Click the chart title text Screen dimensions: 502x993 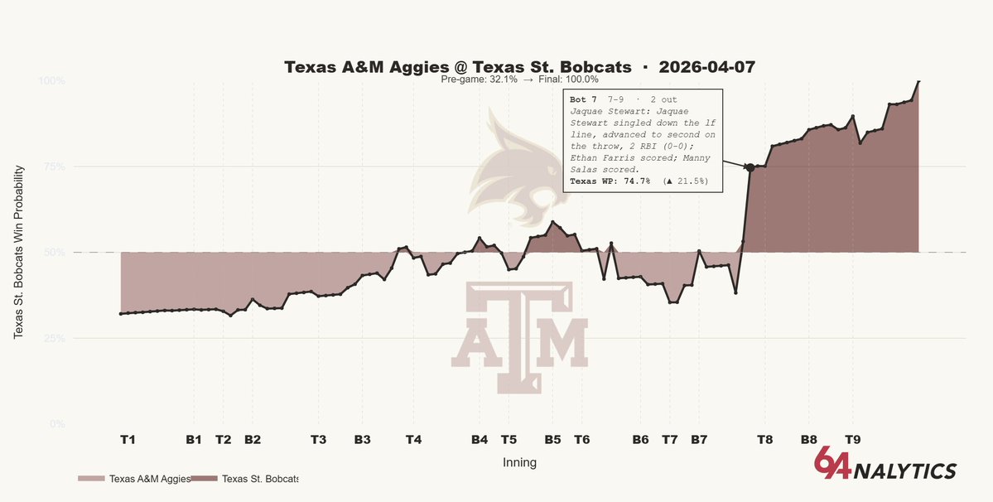click(x=519, y=66)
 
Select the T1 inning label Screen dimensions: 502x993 click(x=128, y=440)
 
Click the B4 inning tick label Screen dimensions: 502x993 click(x=480, y=440)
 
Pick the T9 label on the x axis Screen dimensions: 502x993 click(x=851, y=440)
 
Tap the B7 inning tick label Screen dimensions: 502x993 click(x=699, y=440)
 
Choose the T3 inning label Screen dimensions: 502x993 click(x=318, y=440)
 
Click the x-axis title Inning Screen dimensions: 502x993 click(x=519, y=463)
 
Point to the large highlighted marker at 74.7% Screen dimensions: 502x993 click(x=750, y=167)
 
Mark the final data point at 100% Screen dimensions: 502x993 click(x=918, y=81)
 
